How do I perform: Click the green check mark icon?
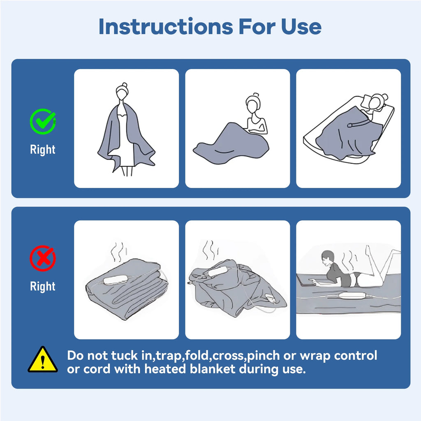(43, 121)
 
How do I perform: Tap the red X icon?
(43, 258)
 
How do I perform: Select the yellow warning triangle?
(43, 360)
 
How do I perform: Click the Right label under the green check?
(43, 149)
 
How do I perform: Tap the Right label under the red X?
(43, 286)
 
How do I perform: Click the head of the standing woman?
(122, 93)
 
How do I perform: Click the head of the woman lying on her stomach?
(327, 258)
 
